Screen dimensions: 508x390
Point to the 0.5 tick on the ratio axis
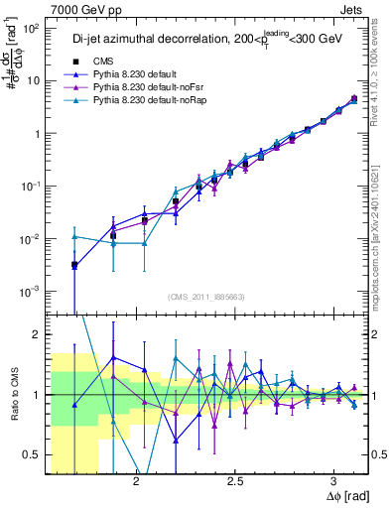[x=30, y=454]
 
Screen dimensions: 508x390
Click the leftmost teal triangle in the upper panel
[x=74, y=237]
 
